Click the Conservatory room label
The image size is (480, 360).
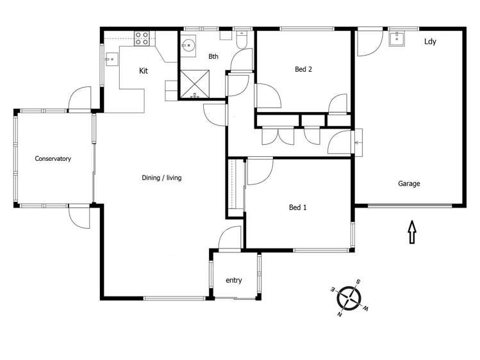tap(53, 158)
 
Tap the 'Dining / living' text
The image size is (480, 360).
tap(161, 177)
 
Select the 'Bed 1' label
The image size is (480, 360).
tap(298, 207)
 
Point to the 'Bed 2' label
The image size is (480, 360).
tap(303, 70)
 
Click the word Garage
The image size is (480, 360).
tap(409, 183)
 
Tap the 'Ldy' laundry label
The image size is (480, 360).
tap(430, 42)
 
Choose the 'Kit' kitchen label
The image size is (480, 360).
tap(144, 70)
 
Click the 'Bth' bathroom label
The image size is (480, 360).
tap(213, 57)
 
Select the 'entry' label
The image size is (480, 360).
tap(233, 280)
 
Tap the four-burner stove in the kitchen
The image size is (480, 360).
tap(142, 38)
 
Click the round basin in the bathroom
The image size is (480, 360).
tap(188, 45)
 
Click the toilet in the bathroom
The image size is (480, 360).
tap(240, 40)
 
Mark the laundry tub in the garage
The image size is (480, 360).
tap(397, 39)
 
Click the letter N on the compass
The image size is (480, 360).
tap(340, 315)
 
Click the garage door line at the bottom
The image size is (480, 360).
tap(409, 206)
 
